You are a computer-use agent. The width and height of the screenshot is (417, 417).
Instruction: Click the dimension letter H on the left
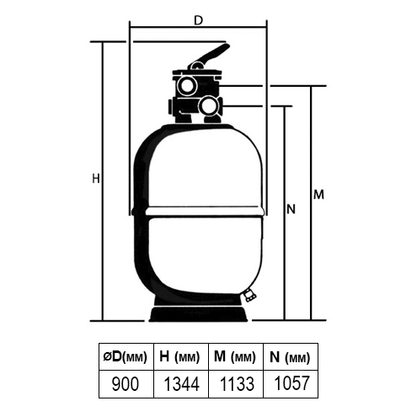(96, 179)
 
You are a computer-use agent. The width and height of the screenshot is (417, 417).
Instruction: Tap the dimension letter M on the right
(318, 195)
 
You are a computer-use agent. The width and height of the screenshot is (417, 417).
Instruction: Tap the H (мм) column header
(181, 356)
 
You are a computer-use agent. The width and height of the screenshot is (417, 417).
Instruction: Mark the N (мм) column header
(290, 356)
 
